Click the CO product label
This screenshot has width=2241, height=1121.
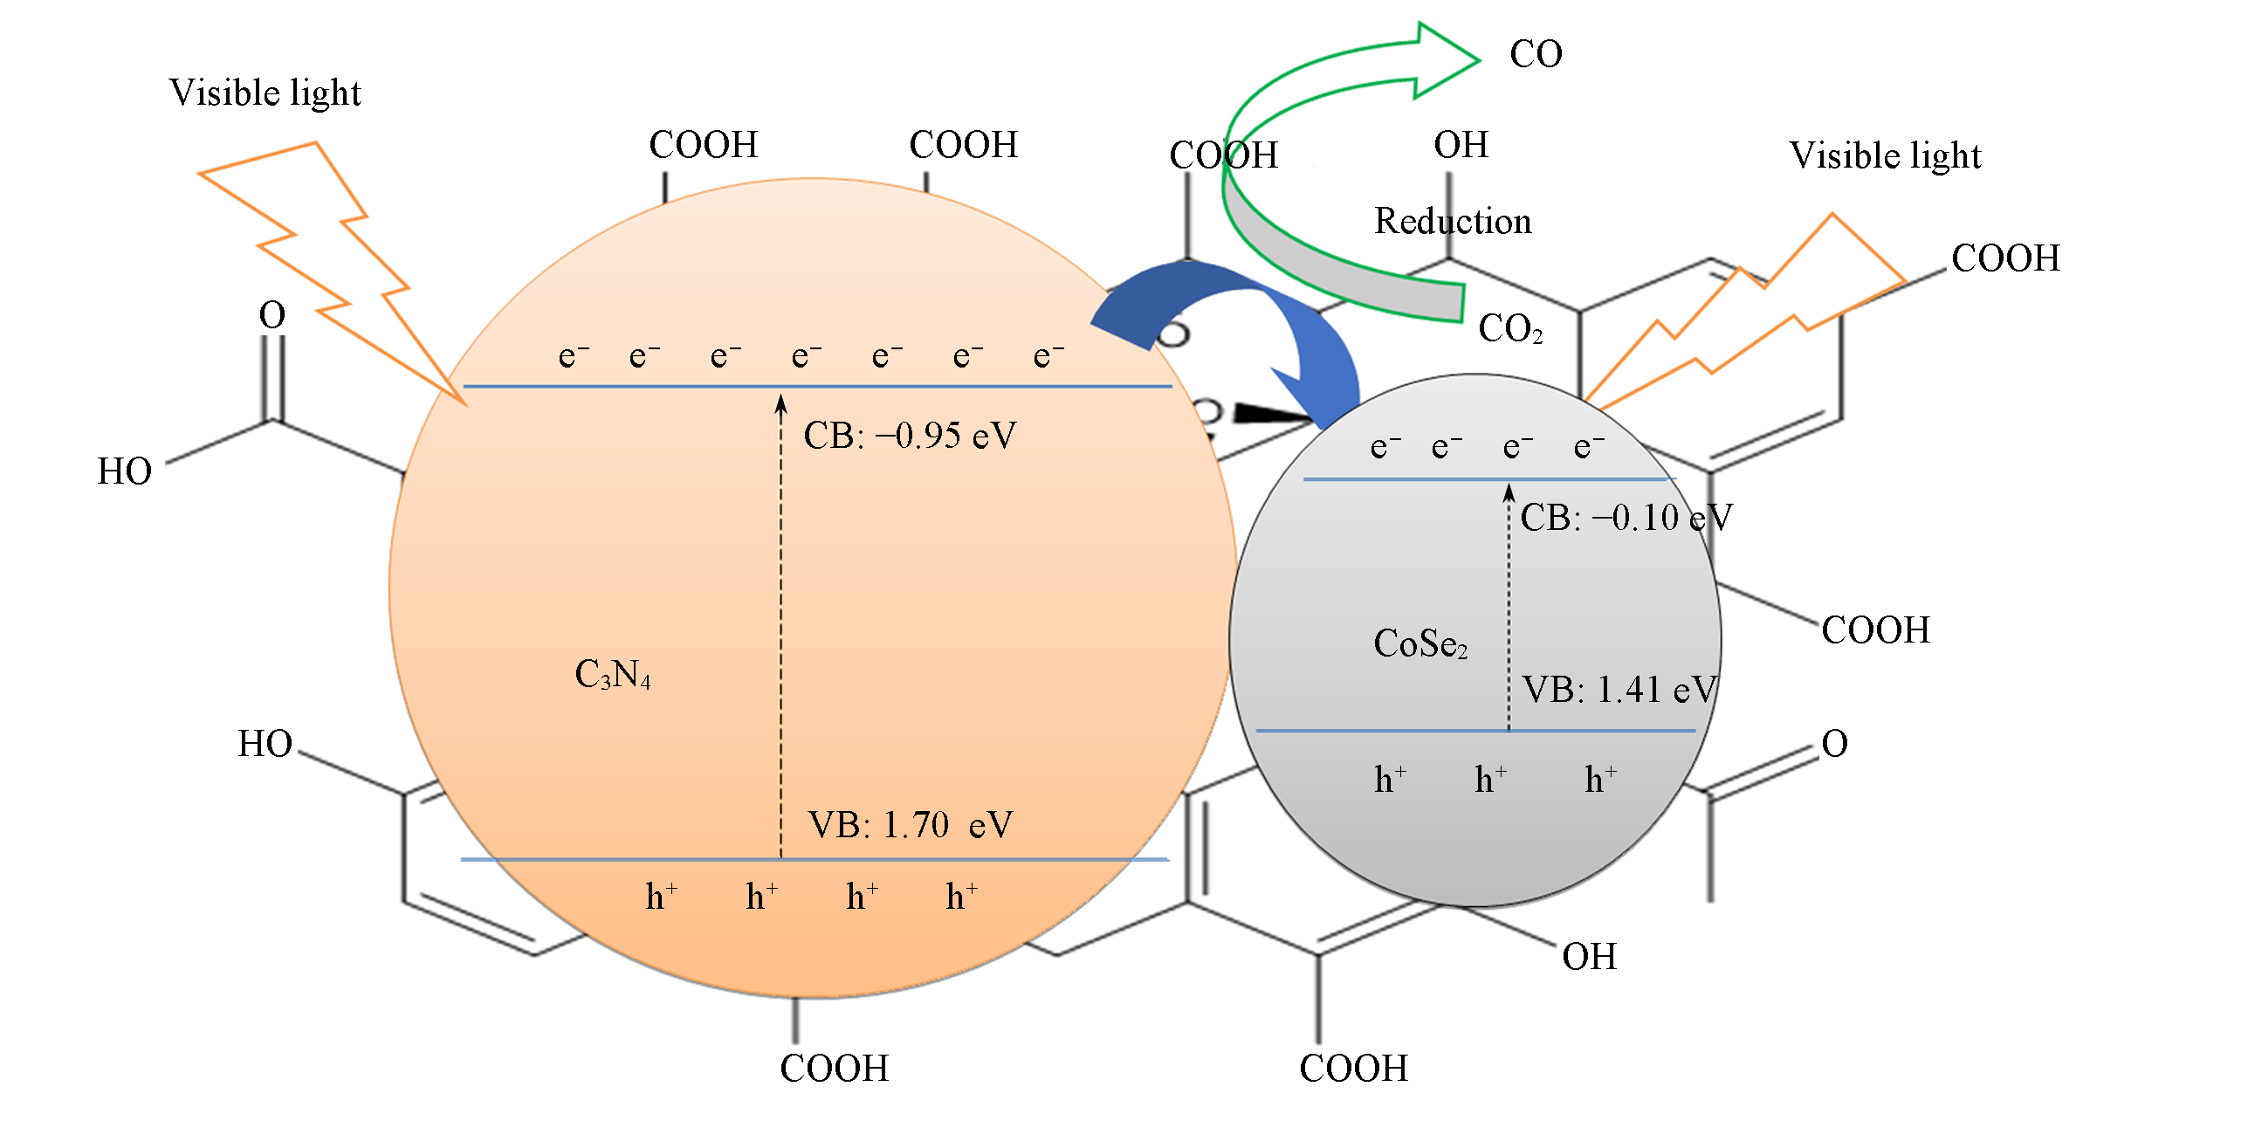coord(1536,54)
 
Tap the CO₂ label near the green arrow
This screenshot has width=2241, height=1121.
coord(1509,329)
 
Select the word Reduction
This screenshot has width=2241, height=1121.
coord(1453,221)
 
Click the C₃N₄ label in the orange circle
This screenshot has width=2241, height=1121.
coord(613,674)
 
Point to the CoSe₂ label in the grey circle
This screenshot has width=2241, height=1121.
coord(1420,643)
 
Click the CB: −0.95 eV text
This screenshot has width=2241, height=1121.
coord(910,436)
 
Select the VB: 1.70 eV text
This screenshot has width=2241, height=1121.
coord(910,825)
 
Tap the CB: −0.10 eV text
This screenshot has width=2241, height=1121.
coord(1626,518)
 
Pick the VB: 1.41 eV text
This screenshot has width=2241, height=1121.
coord(1619,690)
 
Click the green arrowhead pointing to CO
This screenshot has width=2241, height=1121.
coord(1445,59)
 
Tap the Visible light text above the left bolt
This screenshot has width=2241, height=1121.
coord(265,93)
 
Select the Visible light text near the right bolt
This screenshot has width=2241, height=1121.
coord(1885,155)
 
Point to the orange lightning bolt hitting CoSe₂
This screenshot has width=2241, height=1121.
coord(1737,323)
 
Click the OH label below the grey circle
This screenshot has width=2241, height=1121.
coord(1589,957)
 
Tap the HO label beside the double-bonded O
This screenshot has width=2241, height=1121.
coord(125,471)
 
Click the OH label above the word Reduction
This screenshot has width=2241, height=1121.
coord(1461,145)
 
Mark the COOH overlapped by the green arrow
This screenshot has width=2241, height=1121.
coord(1223,155)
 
